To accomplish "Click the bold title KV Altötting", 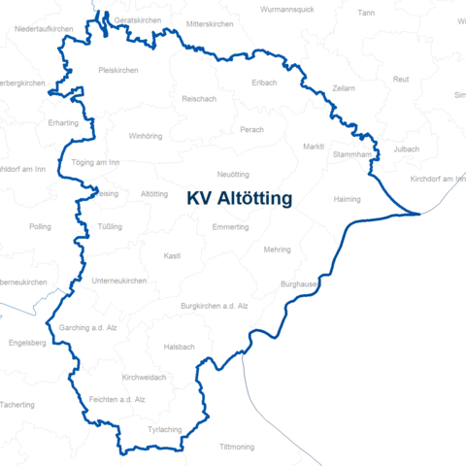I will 240,199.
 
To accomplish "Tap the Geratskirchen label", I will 137,20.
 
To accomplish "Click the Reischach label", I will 199,99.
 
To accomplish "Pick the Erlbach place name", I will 265,82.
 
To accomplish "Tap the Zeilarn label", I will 344,88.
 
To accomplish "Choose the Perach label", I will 252,129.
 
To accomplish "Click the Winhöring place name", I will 146,136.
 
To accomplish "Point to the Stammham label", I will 351,154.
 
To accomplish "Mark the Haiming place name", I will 347,199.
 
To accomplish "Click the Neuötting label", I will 234,174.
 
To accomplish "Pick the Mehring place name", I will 277,250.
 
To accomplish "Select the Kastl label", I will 173,256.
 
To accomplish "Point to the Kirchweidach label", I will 145,377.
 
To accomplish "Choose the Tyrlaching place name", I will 164,429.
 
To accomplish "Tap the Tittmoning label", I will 237,447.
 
